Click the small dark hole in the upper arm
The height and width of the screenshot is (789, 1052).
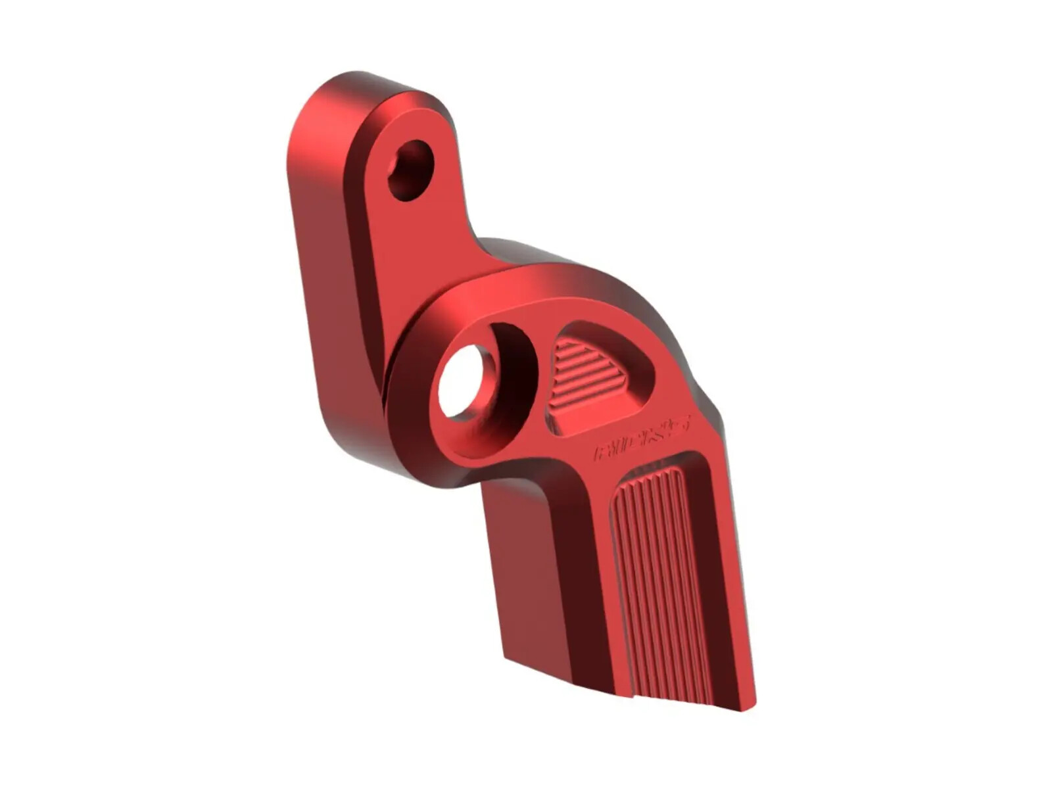[x=411, y=170]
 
